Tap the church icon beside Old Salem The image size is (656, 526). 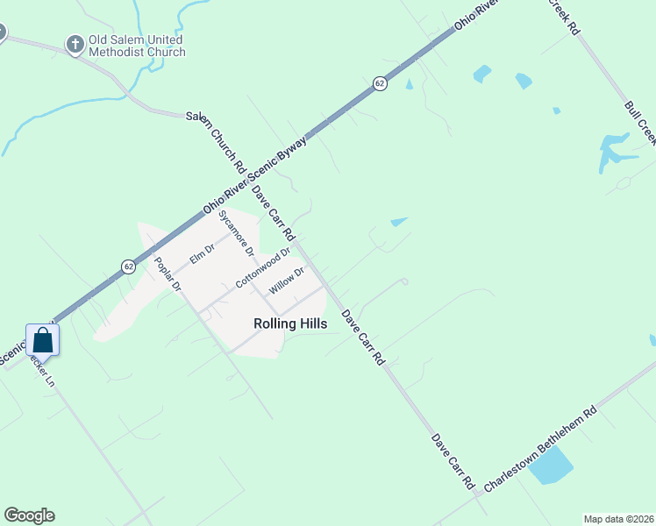pos(75,42)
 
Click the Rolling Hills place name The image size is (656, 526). pos(290,323)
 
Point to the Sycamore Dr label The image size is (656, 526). pos(236,232)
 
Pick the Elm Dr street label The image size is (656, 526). pos(202,253)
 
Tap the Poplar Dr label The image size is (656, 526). pos(167,274)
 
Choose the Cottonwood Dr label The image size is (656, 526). pos(262,269)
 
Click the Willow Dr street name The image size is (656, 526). pos(286,281)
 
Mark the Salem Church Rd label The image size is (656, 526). pos(215,140)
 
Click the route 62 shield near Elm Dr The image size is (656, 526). pos(128,267)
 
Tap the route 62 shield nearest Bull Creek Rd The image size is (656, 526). pos(379,83)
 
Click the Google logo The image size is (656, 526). pos(29,515)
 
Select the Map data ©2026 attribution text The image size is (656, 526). pos(617,519)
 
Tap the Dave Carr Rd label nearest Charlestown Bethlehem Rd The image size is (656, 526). pos(453,461)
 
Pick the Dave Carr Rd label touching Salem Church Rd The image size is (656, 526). pos(273,213)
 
